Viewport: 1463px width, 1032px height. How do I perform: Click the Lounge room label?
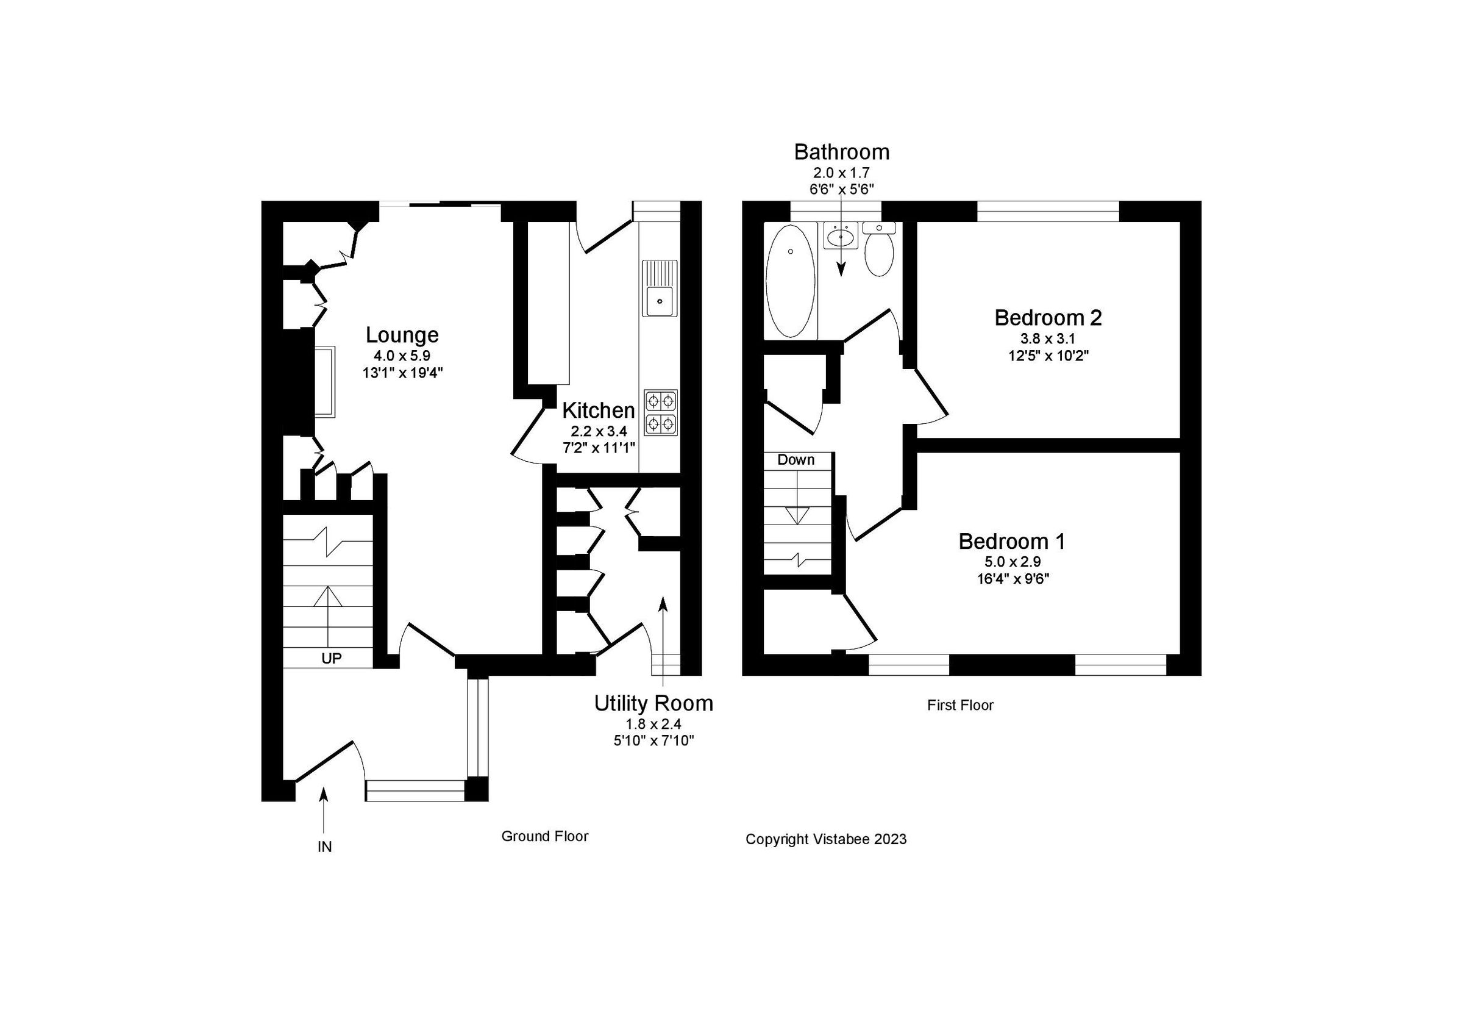(402, 335)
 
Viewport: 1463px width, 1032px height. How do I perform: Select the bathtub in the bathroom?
(790, 281)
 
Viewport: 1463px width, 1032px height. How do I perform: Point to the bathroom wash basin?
(841, 237)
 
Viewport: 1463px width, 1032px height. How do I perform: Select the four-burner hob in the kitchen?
(660, 412)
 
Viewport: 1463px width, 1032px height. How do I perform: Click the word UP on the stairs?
(331, 659)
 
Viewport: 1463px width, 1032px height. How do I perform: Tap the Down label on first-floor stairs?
(796, 460)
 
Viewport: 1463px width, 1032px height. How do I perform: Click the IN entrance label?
(324, 847)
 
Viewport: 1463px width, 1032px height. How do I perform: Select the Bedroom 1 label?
(1011, 541)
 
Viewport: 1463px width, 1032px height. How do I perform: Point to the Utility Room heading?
(653, 703)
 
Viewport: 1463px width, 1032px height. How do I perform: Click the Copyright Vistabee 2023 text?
(825, 839)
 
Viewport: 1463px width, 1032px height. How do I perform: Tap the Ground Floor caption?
(544, 836)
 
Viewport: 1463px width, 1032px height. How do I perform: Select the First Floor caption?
(959, 705)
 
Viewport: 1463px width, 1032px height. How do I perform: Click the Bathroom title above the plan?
(841, 152)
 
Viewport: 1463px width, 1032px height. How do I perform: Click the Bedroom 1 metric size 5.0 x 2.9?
(1012, 562)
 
